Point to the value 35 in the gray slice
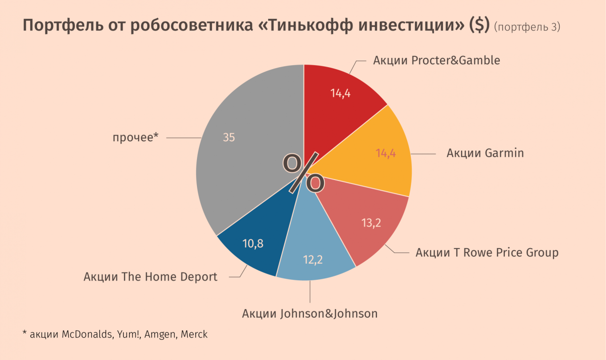point(229,138)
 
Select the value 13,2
point(371,223)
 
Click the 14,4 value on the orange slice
point(385,154)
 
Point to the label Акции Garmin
point(485,153)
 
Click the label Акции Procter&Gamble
point(436,60)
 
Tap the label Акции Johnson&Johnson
point(310,314)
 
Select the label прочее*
point(135,138)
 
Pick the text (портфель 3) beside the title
point(527,27)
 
